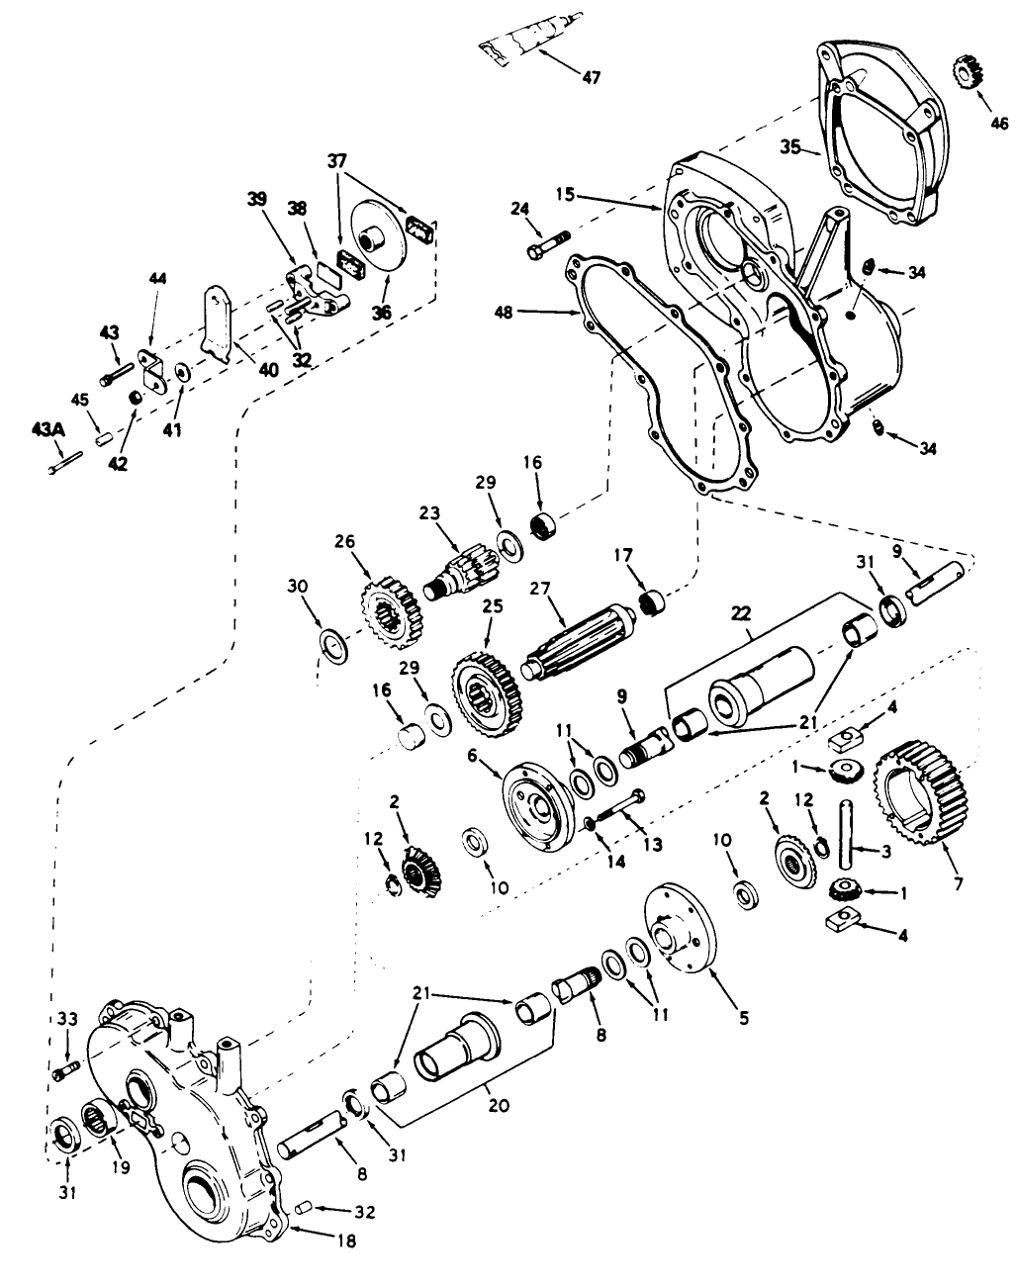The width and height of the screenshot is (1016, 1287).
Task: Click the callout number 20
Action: (x=499, y=1106)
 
